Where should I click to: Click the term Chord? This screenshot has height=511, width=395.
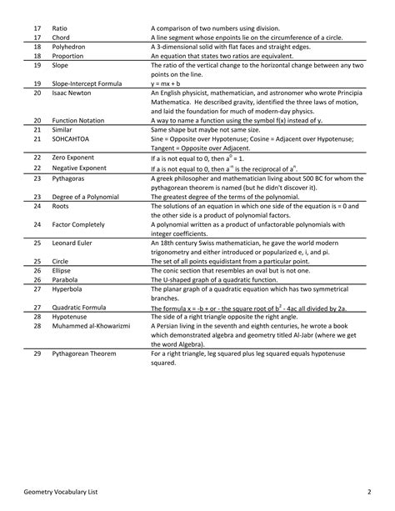(x=61, y=38)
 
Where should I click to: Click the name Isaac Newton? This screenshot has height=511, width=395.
(x=72, y=93)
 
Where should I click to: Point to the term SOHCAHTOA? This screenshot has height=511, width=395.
(x=70, y=140)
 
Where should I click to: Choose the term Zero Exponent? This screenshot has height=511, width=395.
(x=75, y=157)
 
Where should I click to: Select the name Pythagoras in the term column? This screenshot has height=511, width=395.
(x=69, y=178)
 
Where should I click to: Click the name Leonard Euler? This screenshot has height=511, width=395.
(x=73, y=243)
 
